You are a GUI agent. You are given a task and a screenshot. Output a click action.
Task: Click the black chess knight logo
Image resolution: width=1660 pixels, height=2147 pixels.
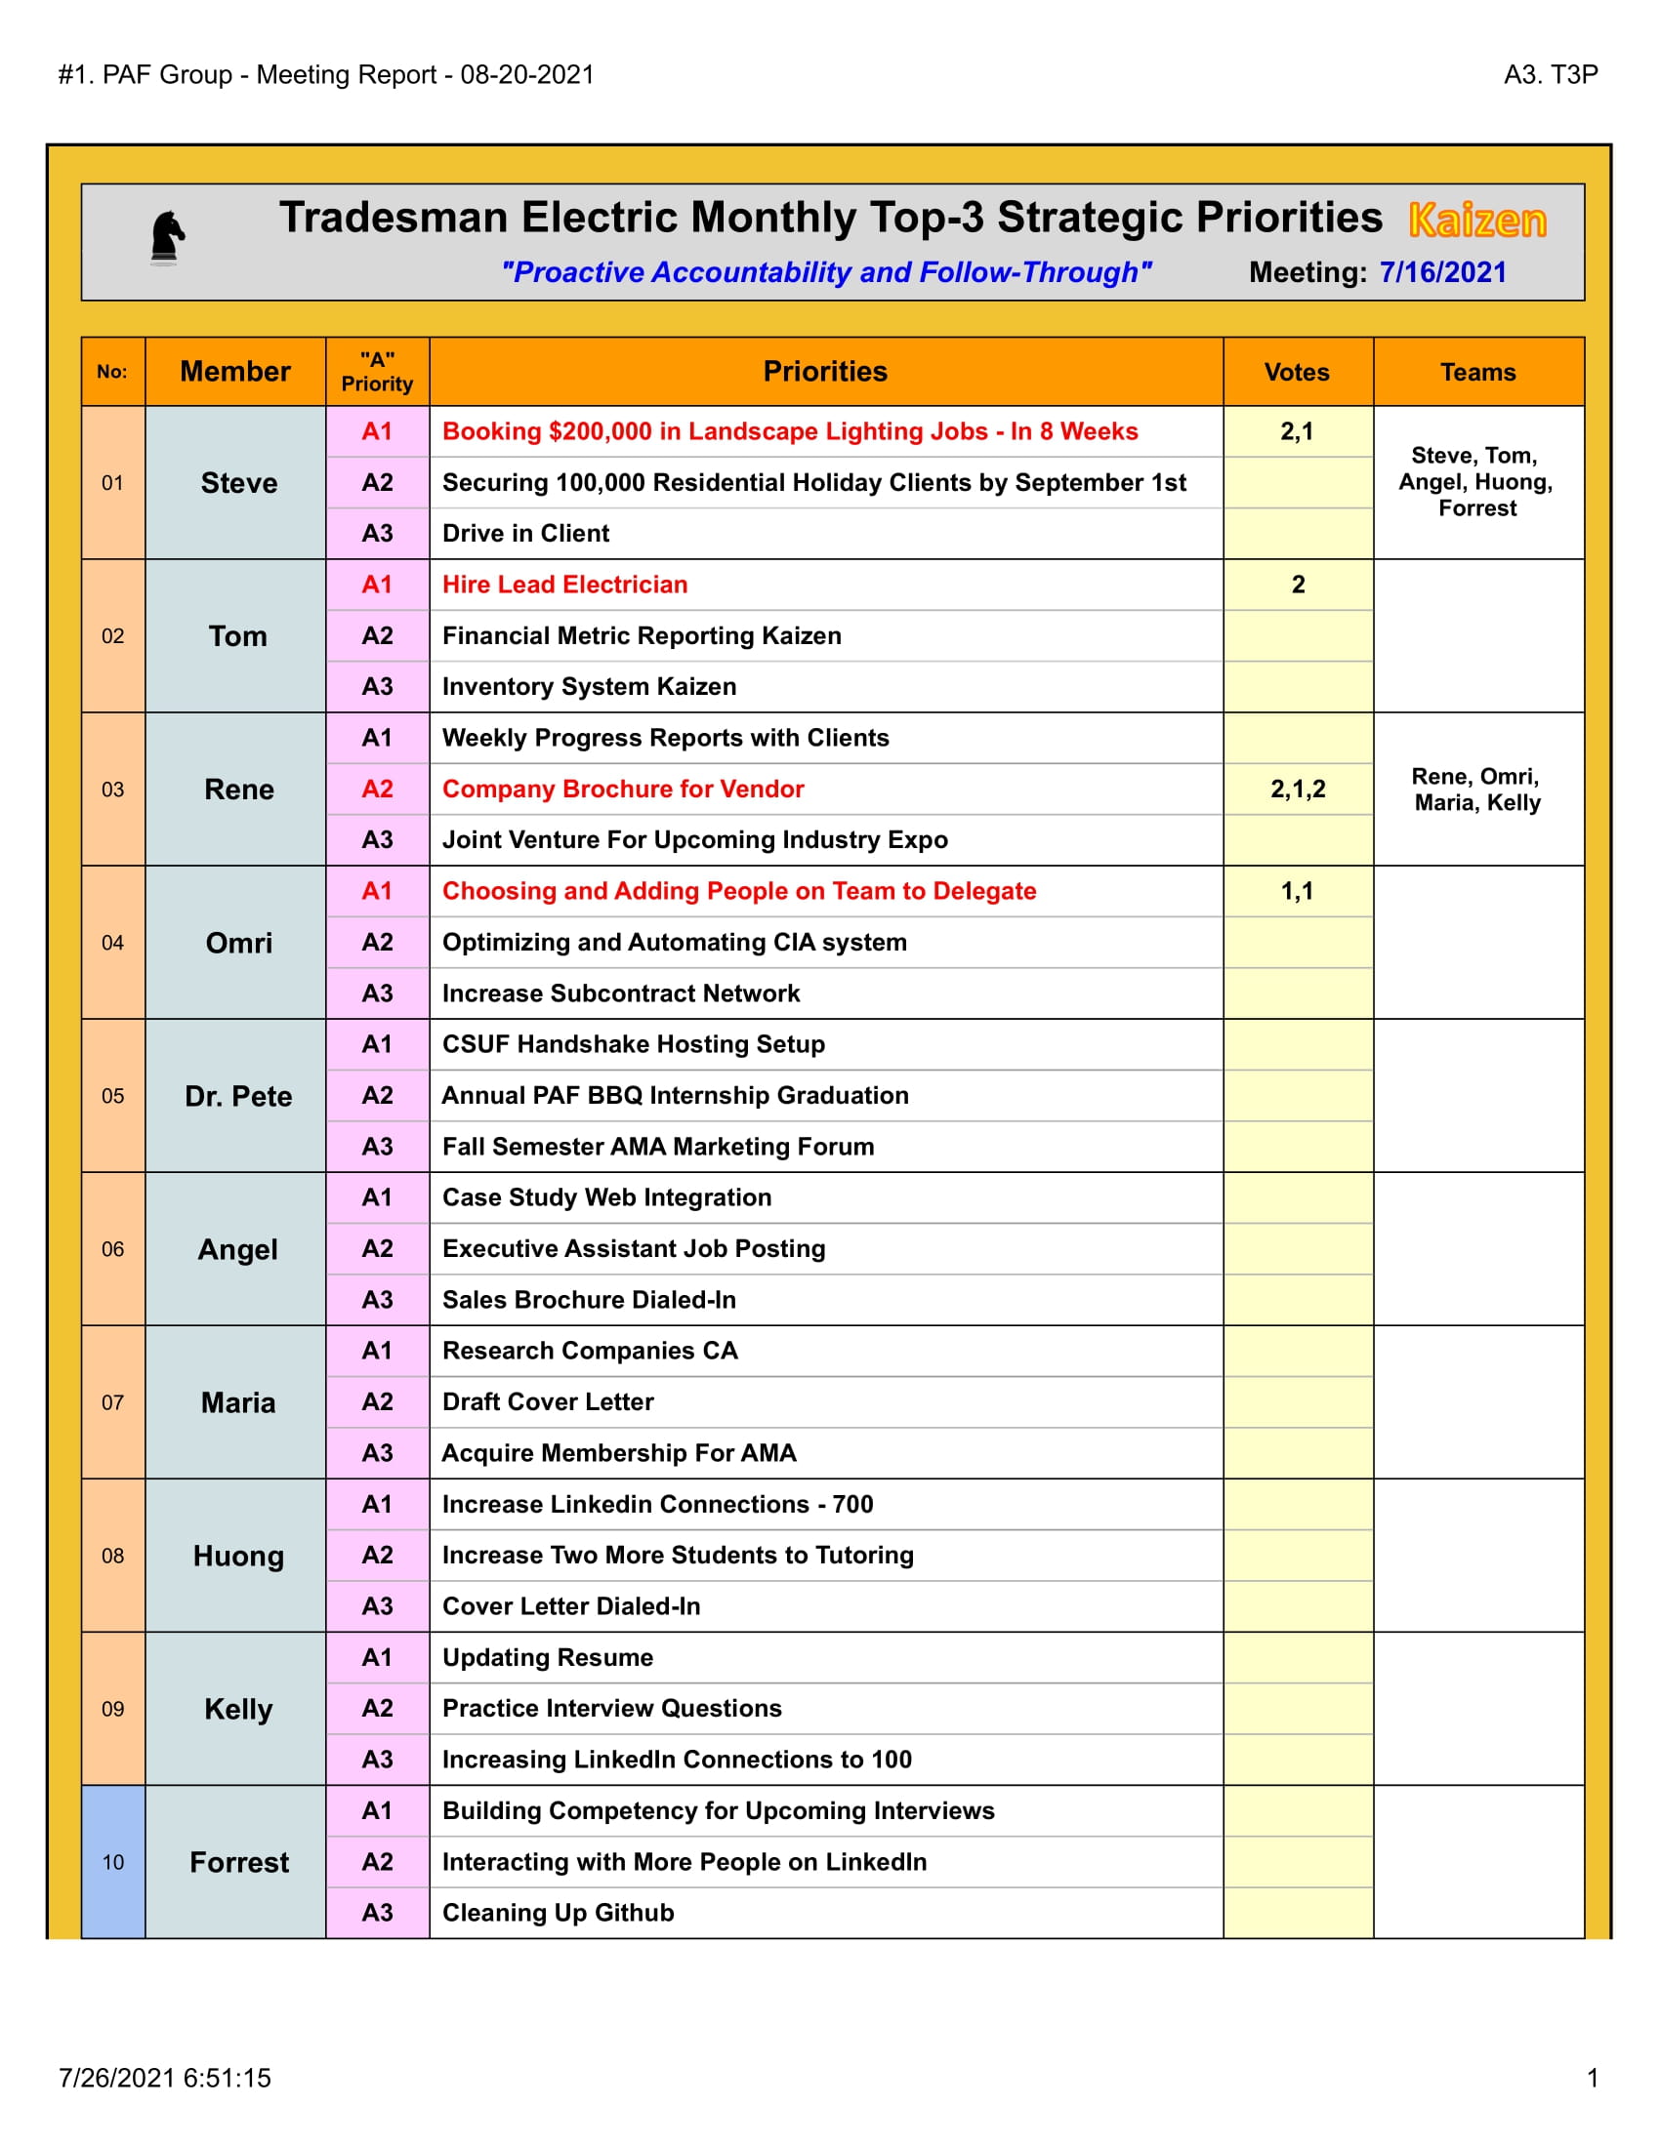point(166,238)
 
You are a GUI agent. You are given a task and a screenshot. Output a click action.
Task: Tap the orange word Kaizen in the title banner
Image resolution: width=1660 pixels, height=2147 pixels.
point(1476,221)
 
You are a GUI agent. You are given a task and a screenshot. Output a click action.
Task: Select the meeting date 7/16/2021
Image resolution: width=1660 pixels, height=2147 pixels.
point(1441,272)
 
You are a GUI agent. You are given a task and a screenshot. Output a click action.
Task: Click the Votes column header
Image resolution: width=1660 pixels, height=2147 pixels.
point(1296,372)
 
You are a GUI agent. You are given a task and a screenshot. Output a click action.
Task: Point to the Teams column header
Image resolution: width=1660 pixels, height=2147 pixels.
point(1477,372)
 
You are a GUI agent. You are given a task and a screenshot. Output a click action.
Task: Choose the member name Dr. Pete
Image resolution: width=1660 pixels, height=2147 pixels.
point(238,1096)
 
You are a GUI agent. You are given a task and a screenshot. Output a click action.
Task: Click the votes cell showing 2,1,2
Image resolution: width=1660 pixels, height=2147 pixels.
point(1297,789)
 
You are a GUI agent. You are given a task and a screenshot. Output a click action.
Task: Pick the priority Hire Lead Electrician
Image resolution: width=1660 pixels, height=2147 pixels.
point(564,585)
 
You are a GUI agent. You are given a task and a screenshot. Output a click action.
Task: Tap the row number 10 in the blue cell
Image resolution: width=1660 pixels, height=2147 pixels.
point(113,1862)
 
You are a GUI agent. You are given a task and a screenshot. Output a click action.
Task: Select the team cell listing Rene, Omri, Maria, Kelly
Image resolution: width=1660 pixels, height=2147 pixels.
point(1477,790)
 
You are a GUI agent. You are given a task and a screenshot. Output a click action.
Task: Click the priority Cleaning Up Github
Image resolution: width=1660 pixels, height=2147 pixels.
point(558,1912)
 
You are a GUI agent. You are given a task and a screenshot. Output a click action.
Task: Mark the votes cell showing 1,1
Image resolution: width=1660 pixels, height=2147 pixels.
point(1296,891)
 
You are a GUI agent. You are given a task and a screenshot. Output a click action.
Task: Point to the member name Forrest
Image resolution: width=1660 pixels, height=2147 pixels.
point(239,1862)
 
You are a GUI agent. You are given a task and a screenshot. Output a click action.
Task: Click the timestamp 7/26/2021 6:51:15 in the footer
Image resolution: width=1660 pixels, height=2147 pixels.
point(164,2077)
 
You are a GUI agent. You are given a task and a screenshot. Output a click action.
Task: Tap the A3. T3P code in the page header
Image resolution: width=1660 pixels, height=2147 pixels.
point(1550,75)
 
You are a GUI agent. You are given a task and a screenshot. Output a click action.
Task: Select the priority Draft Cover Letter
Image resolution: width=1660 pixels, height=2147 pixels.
point(548,1401)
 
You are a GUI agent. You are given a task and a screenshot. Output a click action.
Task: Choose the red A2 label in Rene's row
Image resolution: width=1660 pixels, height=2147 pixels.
point(378,789)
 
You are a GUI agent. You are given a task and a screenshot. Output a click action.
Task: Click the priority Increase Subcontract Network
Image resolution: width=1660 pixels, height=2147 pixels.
point(620,992)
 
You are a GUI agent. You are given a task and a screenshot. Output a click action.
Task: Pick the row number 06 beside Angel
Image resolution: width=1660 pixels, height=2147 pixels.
point(113,1248)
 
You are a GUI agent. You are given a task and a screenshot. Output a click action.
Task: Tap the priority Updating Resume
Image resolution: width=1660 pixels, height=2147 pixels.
point(548,1657)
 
